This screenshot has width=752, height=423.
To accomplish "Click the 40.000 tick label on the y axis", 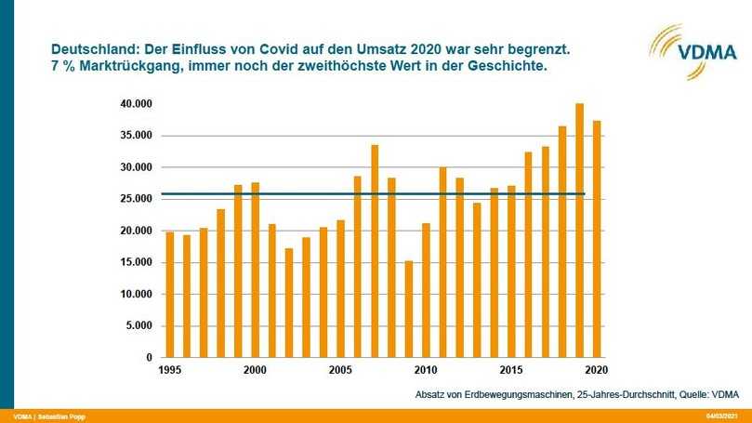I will tap(136, 104).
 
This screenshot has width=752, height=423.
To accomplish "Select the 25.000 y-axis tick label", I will tap(136, 199).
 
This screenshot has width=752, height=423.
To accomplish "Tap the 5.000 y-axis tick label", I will tap(139, 325).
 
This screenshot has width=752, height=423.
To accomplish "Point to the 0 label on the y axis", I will tap(148, 357).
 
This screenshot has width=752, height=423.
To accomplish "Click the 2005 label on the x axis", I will tap(340, 369).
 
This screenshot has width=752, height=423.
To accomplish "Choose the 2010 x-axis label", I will tap(426, 369).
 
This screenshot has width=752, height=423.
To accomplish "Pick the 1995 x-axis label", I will tap(170, 369).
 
